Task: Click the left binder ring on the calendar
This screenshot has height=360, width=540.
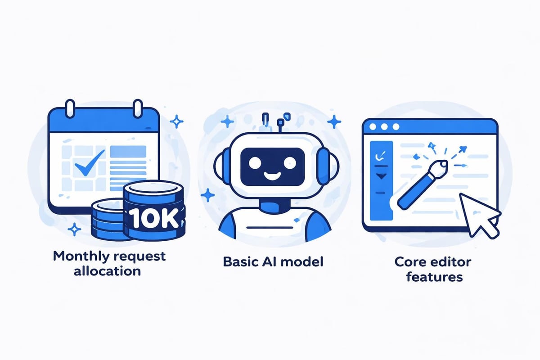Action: [70, 108]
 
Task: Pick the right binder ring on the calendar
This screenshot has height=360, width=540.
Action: [139, 108]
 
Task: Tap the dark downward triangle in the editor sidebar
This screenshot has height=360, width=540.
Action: [380, 176]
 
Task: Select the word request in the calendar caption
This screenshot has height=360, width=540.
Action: [140, 257]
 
